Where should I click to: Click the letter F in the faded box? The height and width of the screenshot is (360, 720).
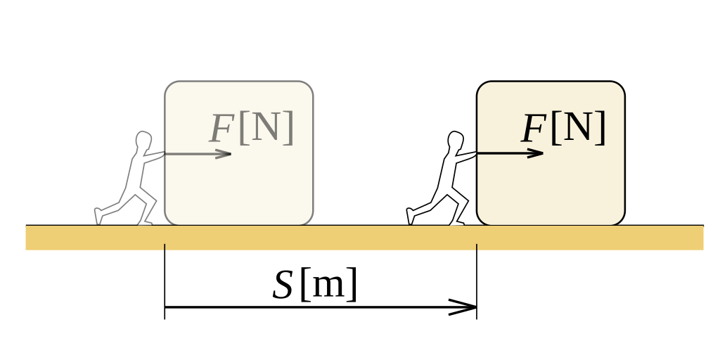point(222,129)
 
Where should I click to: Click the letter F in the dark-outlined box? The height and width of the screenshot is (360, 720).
point(534,129)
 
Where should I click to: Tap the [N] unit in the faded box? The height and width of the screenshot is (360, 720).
point(266,127)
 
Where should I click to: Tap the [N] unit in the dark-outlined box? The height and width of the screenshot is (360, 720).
point(579,127)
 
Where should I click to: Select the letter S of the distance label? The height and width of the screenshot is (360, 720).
point(282,285)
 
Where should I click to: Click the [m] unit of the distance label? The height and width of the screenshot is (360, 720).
point(328,284)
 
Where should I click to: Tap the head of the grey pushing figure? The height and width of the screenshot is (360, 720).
point(143,139)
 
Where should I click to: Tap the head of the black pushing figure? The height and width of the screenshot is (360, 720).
point(455,139)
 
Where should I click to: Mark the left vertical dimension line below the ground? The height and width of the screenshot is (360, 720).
point(165,281)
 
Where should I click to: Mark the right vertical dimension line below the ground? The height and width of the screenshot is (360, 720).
point(477,281)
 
